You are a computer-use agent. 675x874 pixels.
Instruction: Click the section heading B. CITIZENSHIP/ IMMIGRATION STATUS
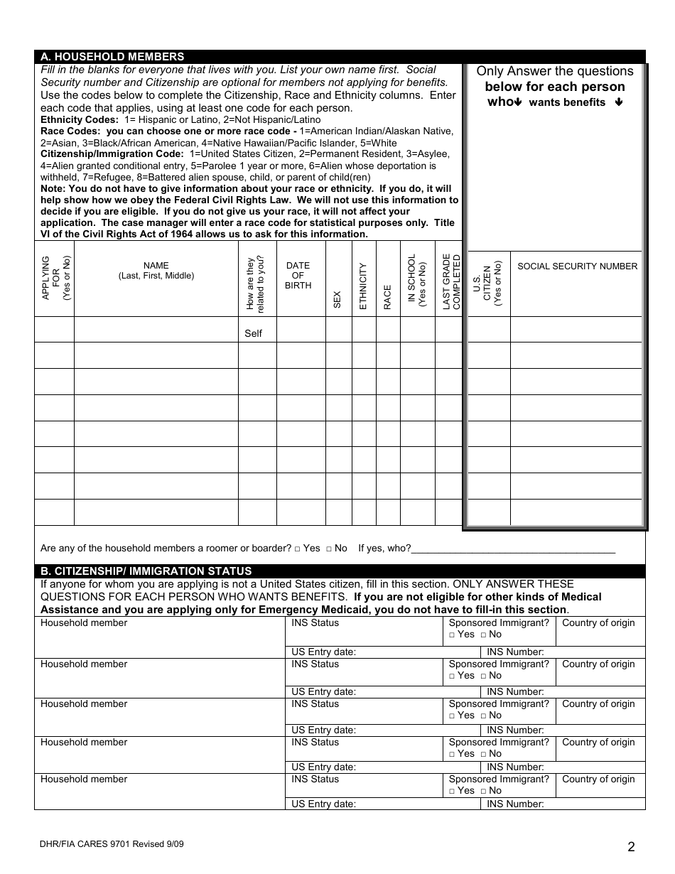[x=146, y=571]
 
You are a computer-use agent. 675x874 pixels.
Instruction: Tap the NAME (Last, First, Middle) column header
[x=156, y=271]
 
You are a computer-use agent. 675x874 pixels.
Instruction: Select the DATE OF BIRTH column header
[x=298, y=276]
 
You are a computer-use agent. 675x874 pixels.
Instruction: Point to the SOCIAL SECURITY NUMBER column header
[x=577, y=266]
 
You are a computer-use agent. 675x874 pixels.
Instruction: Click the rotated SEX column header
[x=337, y=299]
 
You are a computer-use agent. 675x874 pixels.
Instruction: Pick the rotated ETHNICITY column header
[x=363, y=286]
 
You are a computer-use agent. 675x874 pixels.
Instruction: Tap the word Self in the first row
[x=253, y=333]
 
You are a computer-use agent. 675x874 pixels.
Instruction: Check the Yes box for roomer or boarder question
[x=298, y=549]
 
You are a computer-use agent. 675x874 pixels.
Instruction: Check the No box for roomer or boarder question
[x=329, y=549]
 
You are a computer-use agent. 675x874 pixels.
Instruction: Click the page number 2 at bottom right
[x=631, y=846]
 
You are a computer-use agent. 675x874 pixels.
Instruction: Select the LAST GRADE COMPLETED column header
[x=451, y=281]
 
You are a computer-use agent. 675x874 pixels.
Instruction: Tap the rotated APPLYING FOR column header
[x=56, y=278]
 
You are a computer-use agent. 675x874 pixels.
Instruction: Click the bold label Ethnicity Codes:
[x=79, y=120]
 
